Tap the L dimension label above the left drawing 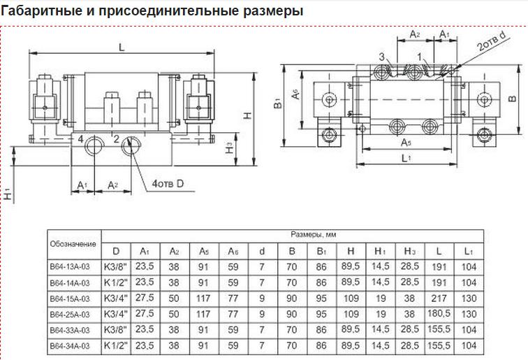(122, 48)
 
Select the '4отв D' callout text (168, 184)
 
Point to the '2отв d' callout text (492, 41)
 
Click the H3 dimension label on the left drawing (230, 148)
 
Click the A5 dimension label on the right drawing (406, 143)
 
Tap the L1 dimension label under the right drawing (406, 158)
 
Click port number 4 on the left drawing (80, 139)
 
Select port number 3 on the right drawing (381, 57)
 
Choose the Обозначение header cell (73, 244)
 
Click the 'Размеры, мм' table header (313, 234)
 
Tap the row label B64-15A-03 (70, 298)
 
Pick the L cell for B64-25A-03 (439, 314)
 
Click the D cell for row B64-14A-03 (115, 282)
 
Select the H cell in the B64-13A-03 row (351, 266)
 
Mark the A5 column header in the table (204, 252)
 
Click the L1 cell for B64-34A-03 (469, 345)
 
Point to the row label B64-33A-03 (70, 330)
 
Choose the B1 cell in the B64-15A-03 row (321, 298)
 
